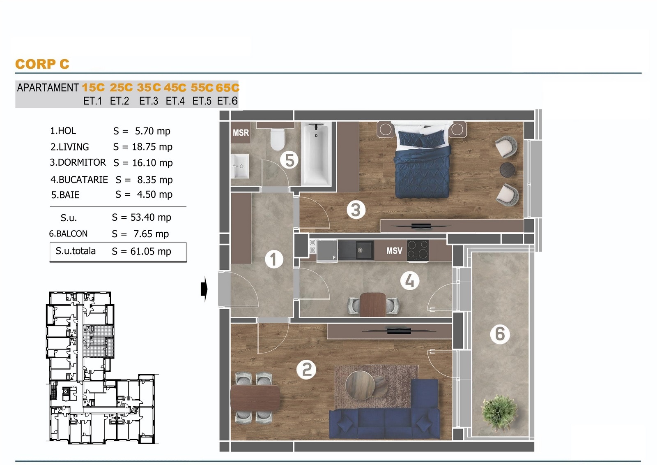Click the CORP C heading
pos(42,64)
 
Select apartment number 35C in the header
pos(149,88)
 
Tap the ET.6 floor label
pos(227,101)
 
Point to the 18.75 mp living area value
pos(152,147)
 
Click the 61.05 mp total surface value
pos(151,252)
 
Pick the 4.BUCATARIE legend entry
pos(79,180)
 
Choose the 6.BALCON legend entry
pos(68,234)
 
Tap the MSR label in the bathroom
pos(241,133)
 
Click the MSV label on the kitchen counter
pos(394,251)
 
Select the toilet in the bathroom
pos(278,139)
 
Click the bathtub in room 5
pos(316,154)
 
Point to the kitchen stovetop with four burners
pos(418,250)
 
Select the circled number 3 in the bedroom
pos(356,210)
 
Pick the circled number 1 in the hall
pos(273,259)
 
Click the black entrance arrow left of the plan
pos(204,289)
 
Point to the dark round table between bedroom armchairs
pos(507,170)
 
